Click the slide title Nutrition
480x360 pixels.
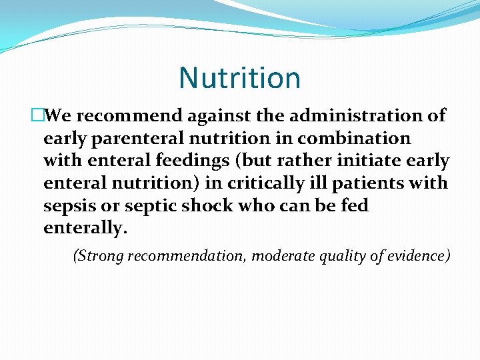[x=239, y=78]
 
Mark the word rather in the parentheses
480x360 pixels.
[x=316, y=161]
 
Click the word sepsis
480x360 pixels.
[x=70, y=206]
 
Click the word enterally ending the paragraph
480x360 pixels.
[x=84, y=229]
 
